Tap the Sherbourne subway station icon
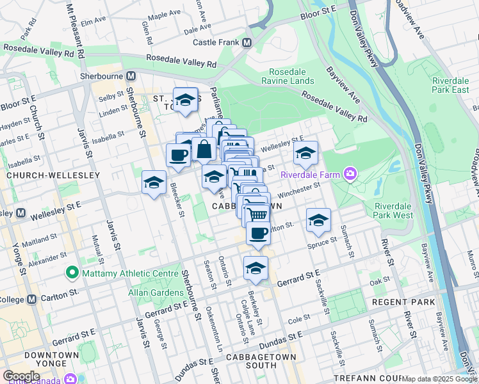tap(130, 75)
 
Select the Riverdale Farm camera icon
tap(350, 173)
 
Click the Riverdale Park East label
tap(450, 85)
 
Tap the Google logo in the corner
tap(21, 376)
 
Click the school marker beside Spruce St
tap(318, 220)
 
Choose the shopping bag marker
tap(204, 150)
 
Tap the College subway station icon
tap(31, 300)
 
